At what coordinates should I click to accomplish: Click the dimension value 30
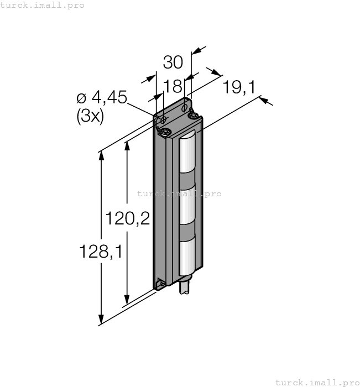point(173,62)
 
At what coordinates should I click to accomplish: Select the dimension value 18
point(173,86)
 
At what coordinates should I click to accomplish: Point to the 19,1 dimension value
point(239,87)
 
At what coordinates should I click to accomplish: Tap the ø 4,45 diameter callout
point(102,97)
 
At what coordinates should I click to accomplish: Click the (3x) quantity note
point(90,116)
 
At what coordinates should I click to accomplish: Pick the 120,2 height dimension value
point(128,218)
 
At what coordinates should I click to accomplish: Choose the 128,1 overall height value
point(101,252)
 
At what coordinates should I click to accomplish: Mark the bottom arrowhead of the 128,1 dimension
point(101,320)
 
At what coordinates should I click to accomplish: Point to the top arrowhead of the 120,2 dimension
point(127,145)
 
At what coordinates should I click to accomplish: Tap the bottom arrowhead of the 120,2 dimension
point(127,300)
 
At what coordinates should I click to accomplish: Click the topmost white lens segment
point(187,154)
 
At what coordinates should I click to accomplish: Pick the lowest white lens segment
point(187,258)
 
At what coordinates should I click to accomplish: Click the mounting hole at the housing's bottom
point(162,284)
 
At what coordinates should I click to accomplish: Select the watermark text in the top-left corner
point(42,5)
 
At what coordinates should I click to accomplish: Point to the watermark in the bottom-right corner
point(317,383)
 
